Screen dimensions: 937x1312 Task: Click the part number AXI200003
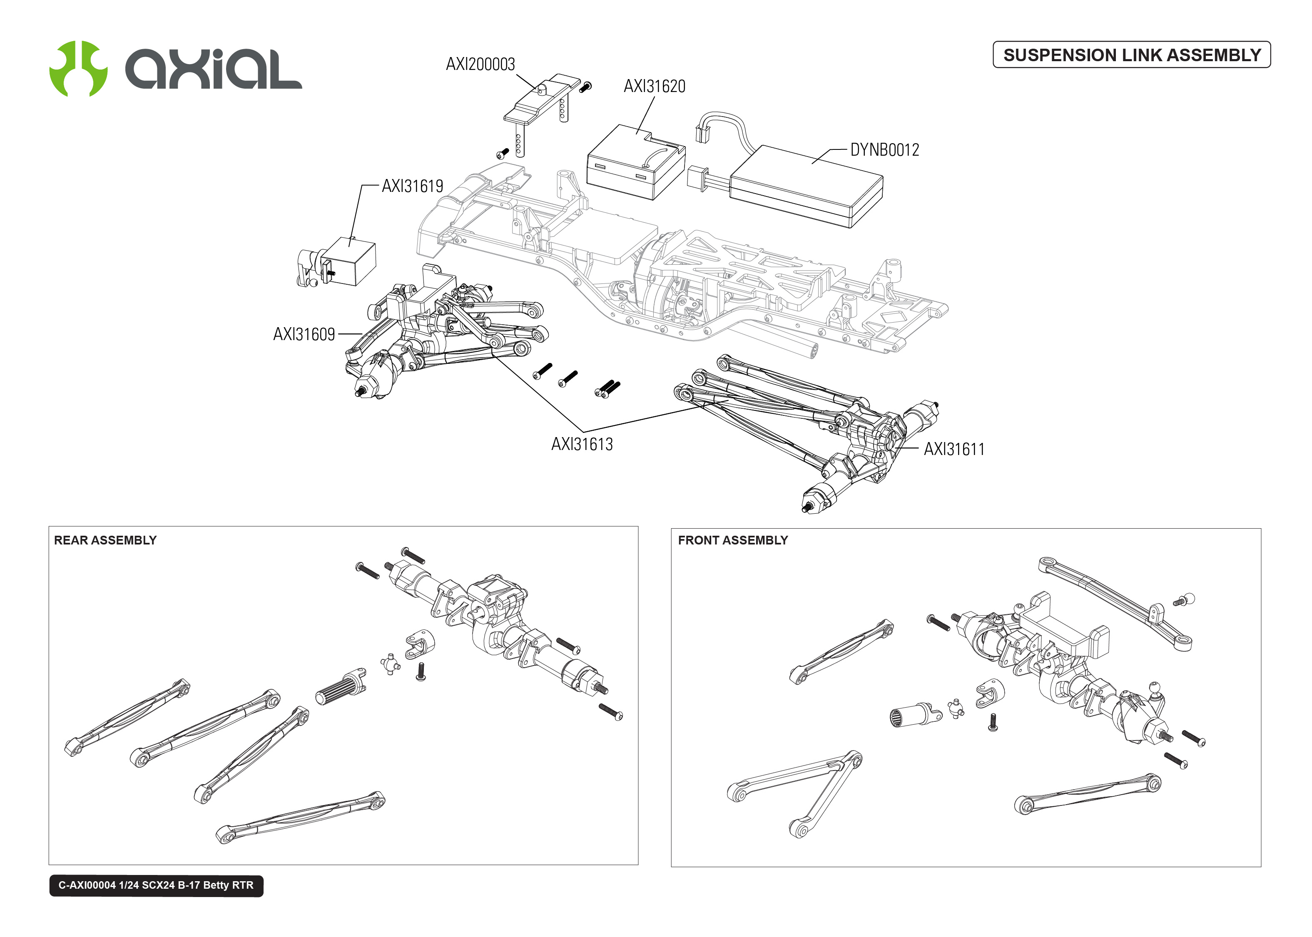pyautogui.click(x=480, y=64)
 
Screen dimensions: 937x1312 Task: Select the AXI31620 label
pyautogui.click(x=654, y=87)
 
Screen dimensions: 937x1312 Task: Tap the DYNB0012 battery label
pyautogui.click(x=884, y=150)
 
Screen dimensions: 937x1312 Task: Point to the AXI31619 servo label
pyautogui.click(x=413, y=186)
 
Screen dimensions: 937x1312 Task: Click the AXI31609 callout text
pyautogui.click(x=304, y=335)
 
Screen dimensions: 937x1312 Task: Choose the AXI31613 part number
pyautogui.click(x=582, y=444)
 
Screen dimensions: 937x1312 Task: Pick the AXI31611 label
pyautogui.click(x=954, y=450)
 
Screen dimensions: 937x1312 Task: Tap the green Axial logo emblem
pyautogui.click(x=78, y=69)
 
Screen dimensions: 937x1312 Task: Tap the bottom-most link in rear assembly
pyautogui.click(x=300, y=818)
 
